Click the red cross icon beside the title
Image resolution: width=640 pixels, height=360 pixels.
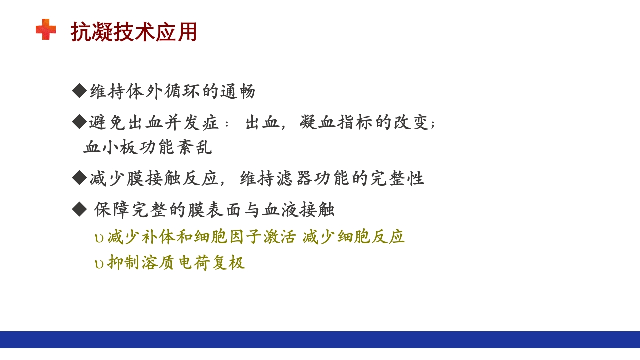(x=46, y=29)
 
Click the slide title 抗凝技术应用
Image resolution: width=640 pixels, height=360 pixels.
(x=134, y=32)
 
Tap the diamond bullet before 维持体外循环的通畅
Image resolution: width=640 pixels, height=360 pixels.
(x=79, y=91)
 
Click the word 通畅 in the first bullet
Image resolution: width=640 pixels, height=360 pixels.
(x=238, y=92)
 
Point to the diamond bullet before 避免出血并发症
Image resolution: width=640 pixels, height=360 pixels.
(x=79, y=121)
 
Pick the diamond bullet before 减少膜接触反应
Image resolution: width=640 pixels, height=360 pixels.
(x=79, y=177)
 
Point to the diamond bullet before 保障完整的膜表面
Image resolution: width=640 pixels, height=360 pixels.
(x=79, y=209)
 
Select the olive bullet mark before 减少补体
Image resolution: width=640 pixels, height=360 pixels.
(x=99, y=238)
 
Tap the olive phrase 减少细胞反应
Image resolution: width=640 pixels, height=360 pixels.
(x=353, y=237)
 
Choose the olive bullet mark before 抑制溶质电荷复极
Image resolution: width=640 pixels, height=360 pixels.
(x=99, y=264)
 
